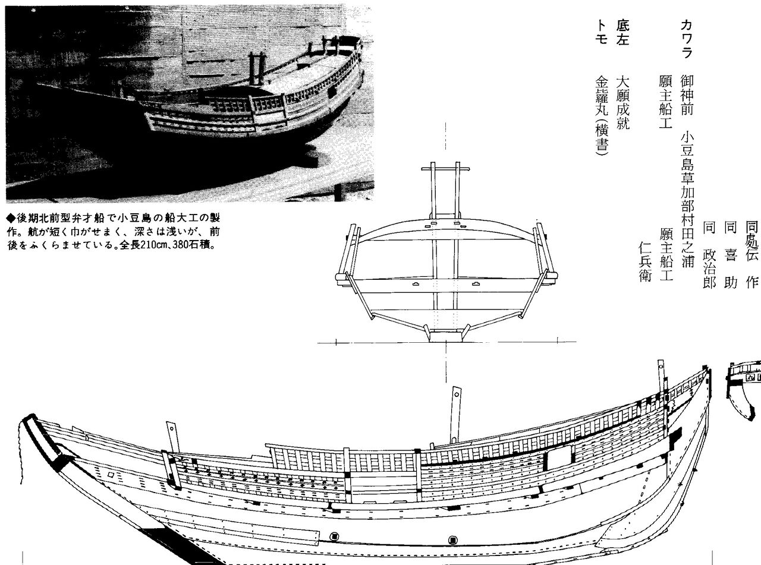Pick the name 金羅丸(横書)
pyautogui.click(x=602, y=116)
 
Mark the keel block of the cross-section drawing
pyautogui.click(x=446, y=336)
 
